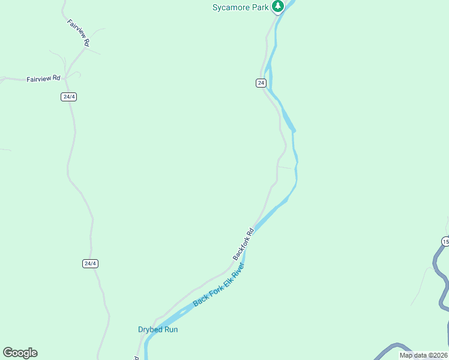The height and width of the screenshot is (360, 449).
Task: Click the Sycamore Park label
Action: coord(240,7)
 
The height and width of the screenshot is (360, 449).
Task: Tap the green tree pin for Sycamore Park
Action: coord(278,7)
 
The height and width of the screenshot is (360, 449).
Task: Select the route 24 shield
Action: coord(261,83)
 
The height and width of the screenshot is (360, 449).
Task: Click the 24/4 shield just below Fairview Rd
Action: coord(69,97)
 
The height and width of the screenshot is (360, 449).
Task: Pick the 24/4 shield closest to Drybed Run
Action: coord(90,263)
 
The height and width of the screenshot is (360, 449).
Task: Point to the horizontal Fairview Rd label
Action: coord(44,79)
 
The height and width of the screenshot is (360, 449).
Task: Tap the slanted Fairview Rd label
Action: coord(79,33)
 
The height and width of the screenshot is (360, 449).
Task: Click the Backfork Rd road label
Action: coord(244,243)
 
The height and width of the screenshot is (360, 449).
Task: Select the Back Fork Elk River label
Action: coord(219,284)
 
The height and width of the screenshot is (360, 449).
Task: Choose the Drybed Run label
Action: coord(158,329)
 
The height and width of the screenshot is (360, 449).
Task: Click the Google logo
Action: coord(20,353)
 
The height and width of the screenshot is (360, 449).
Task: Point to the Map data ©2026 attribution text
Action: coord(423,355)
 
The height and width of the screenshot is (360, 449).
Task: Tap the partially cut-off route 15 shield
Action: coord(445,241)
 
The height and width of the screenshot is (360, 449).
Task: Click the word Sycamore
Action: coord(231,7)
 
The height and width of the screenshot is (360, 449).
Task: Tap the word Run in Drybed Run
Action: coord(171,329)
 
